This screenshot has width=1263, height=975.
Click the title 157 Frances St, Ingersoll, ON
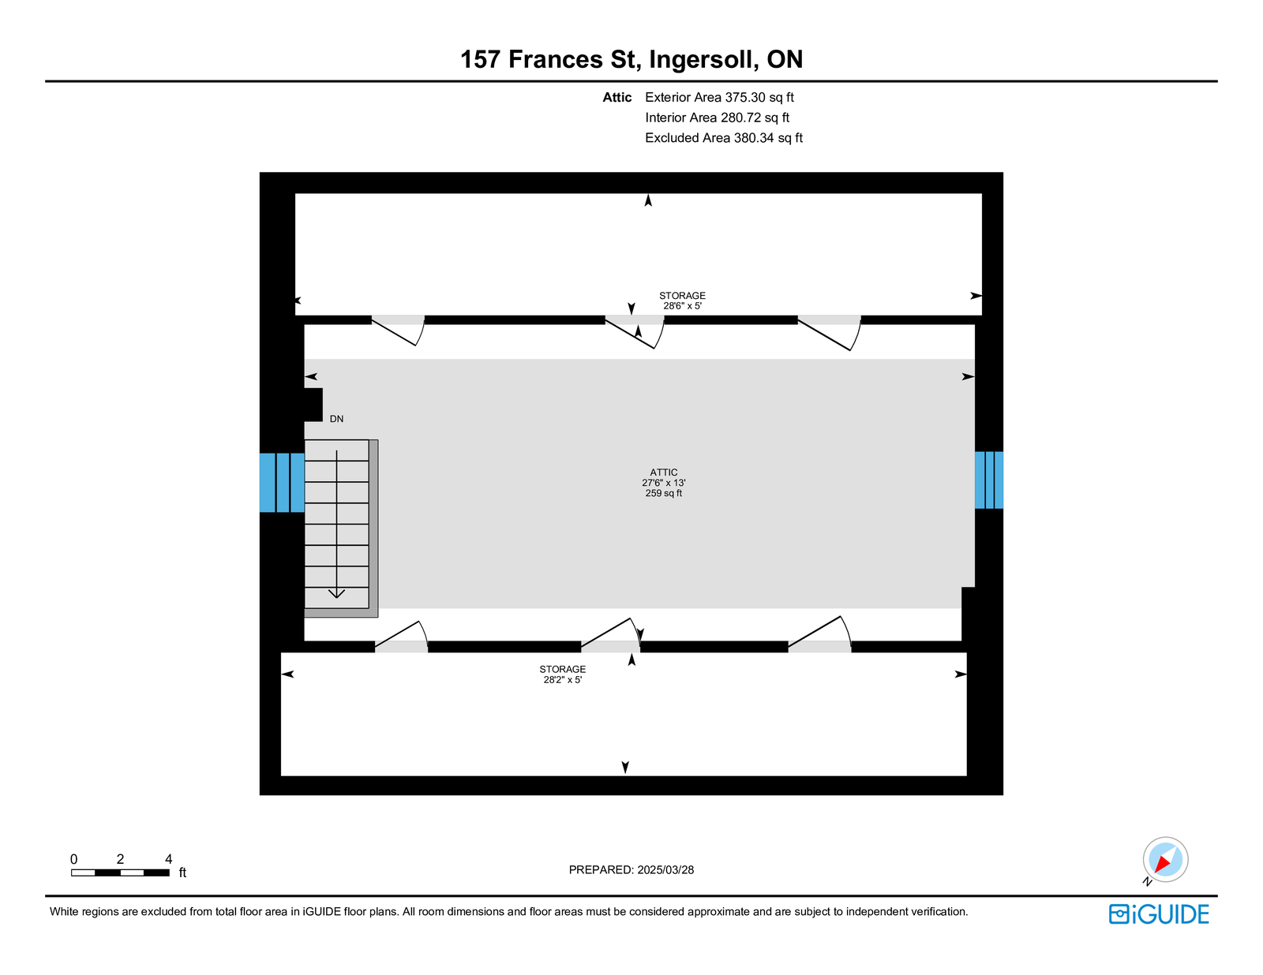click(x=631, y=60)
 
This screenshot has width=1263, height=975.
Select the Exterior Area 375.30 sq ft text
click(x=719, y=98)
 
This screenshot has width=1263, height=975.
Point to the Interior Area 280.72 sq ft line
click(x=717, y=118)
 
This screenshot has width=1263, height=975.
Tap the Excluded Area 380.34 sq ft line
click(x=724, y=138)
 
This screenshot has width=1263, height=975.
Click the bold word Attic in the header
click(x=617, y=98)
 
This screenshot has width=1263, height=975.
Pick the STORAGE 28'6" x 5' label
click(x=682, y=301)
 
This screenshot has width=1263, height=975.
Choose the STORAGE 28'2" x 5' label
click(x=563, y=674)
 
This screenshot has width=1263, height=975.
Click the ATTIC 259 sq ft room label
click(x=663, y=483)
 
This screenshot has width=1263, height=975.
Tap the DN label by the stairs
click(x=337, y=419)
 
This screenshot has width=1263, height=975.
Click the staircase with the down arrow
click(x=337, y=525)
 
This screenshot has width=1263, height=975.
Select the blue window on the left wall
click(x=282, y=482)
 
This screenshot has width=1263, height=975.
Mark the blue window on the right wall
click(x=988, y=480)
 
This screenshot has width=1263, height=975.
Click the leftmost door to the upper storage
click(x=399, y=328)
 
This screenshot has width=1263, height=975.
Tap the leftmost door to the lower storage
click(x=402, y=638)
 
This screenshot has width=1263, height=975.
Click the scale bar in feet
click(x=120, y=872)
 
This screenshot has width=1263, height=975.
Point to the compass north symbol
click(x=1165, y=860)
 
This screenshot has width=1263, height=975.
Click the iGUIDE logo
click(x=1159, y=914)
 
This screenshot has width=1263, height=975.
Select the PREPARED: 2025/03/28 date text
click(x=631, y=870)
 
